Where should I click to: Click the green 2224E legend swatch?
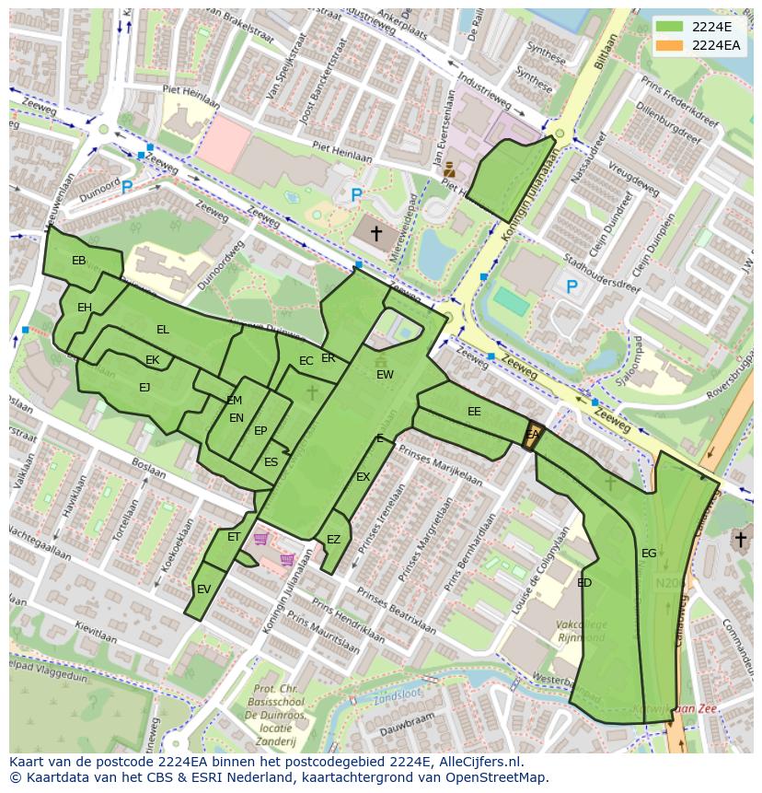tap(670, 27)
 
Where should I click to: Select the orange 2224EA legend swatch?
tap(670, 44)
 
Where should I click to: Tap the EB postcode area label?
tap(79, 261)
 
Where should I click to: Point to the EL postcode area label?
tap(163, 330)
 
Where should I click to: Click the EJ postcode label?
tap(144, 388)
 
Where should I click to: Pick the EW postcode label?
tap(385, 375)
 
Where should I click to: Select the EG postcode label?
tap(649, 554)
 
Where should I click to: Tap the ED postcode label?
tap(584, 583)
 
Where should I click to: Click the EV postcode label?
tap(203, 589)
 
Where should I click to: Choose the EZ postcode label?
tap(333, 540)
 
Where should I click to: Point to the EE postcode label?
tap(474, 412)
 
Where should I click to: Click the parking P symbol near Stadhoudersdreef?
tap(571, 287)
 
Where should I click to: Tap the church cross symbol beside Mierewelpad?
tap(375, 234)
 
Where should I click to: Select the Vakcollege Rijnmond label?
tap(581, 631)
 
